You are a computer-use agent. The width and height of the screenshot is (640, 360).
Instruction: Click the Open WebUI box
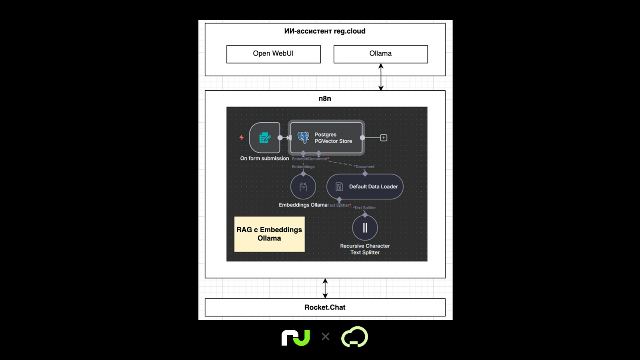point(273,54)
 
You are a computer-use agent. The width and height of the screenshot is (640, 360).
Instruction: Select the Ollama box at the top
point(380,54)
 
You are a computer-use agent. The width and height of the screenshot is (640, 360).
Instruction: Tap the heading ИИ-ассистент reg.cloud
point(325,31)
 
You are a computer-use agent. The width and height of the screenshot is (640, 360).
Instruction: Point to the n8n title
point(325,99)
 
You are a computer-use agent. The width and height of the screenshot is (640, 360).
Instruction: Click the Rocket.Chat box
point(325,307)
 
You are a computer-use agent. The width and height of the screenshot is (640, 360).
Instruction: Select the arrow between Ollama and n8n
point(381,77)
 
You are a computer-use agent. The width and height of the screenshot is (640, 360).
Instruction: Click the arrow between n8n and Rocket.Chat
point(325,288)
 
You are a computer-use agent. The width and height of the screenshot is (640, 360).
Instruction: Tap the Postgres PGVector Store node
point(326,138)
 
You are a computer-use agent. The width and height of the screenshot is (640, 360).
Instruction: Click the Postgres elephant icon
point(303,138)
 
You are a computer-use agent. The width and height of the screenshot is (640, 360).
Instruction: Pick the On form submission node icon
point(265,138)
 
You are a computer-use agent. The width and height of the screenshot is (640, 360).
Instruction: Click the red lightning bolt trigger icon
point(242,138)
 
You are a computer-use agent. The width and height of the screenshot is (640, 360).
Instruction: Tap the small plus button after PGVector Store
point(384,138)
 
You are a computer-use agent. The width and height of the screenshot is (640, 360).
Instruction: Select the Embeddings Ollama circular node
point(303,187)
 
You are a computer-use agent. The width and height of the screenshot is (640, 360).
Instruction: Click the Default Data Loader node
point(365,187)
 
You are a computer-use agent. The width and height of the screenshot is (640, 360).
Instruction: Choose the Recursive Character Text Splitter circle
point(365,228)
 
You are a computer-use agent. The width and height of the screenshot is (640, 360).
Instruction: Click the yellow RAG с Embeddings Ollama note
point(269,234)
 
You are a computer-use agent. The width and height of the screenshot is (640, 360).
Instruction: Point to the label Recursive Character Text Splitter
point(365,249)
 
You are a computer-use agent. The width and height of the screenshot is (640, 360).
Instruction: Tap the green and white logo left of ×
point(296,337)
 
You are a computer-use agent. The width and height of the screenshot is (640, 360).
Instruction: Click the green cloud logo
point(354,337)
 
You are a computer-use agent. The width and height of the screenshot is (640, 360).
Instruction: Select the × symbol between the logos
point(325,337)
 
